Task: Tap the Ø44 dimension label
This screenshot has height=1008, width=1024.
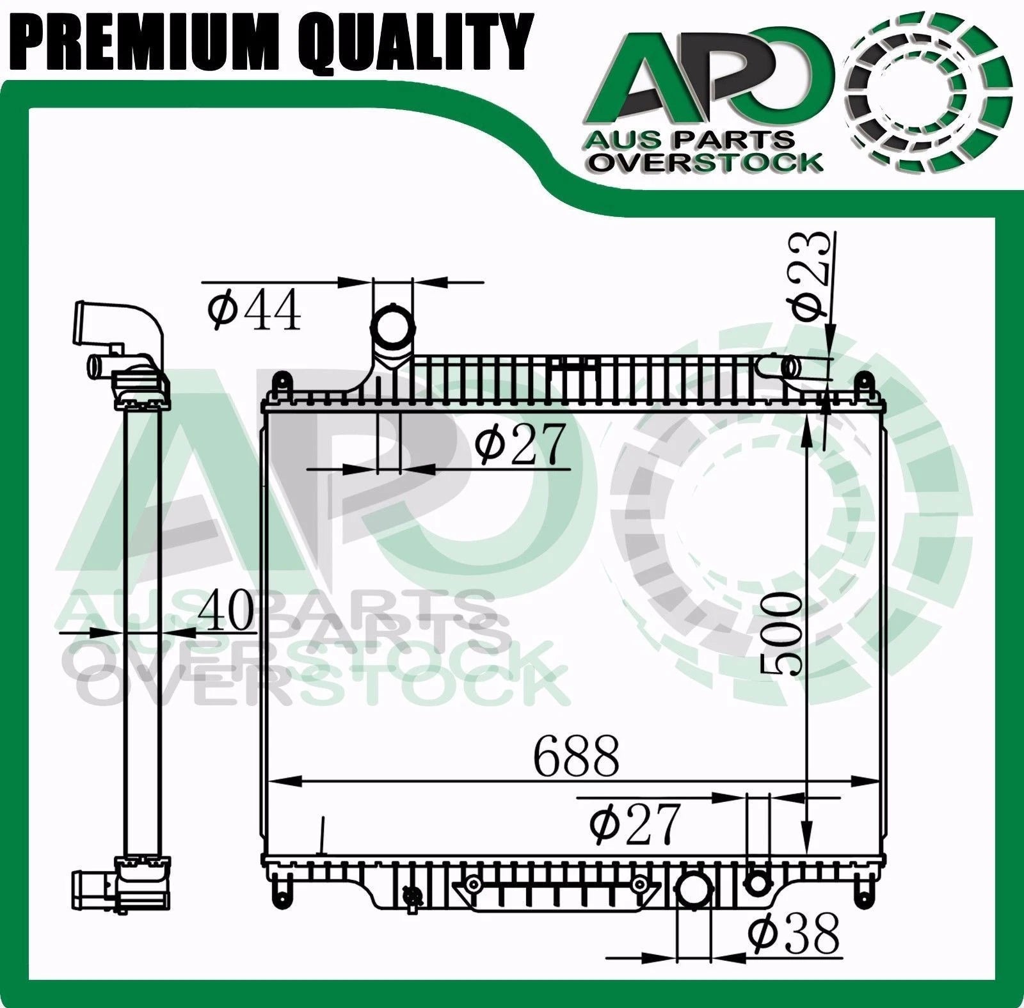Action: [254, 310]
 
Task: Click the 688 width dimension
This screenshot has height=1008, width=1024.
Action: [577, 756]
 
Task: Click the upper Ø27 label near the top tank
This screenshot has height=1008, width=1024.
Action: [521, 443]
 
